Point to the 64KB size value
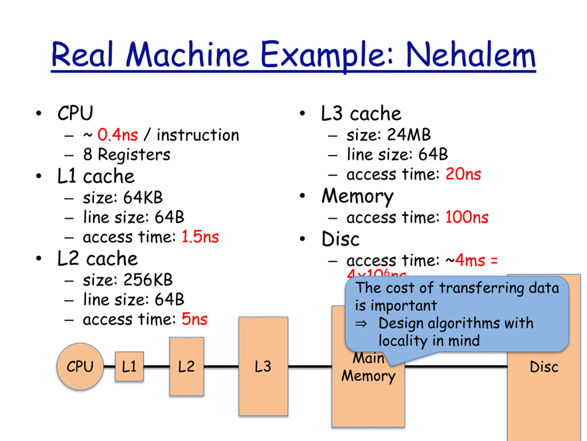pyautogui.click(x=143, y=198)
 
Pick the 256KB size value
pyautogui.click(x=148, y=280)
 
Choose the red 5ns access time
pyautogui.click(x=194, y=319)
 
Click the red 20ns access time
pyautogui.click(x=463, y=174)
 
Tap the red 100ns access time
pyautogui.click(x=467, y=217)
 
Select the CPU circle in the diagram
pyautogui.click(x=80, y=367)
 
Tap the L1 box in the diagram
pyautogui.click(x=129, y=367)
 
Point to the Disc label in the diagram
pyautogui.click(x=544, y=367)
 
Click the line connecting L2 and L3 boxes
pyautogui.click(x=221, y=367)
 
